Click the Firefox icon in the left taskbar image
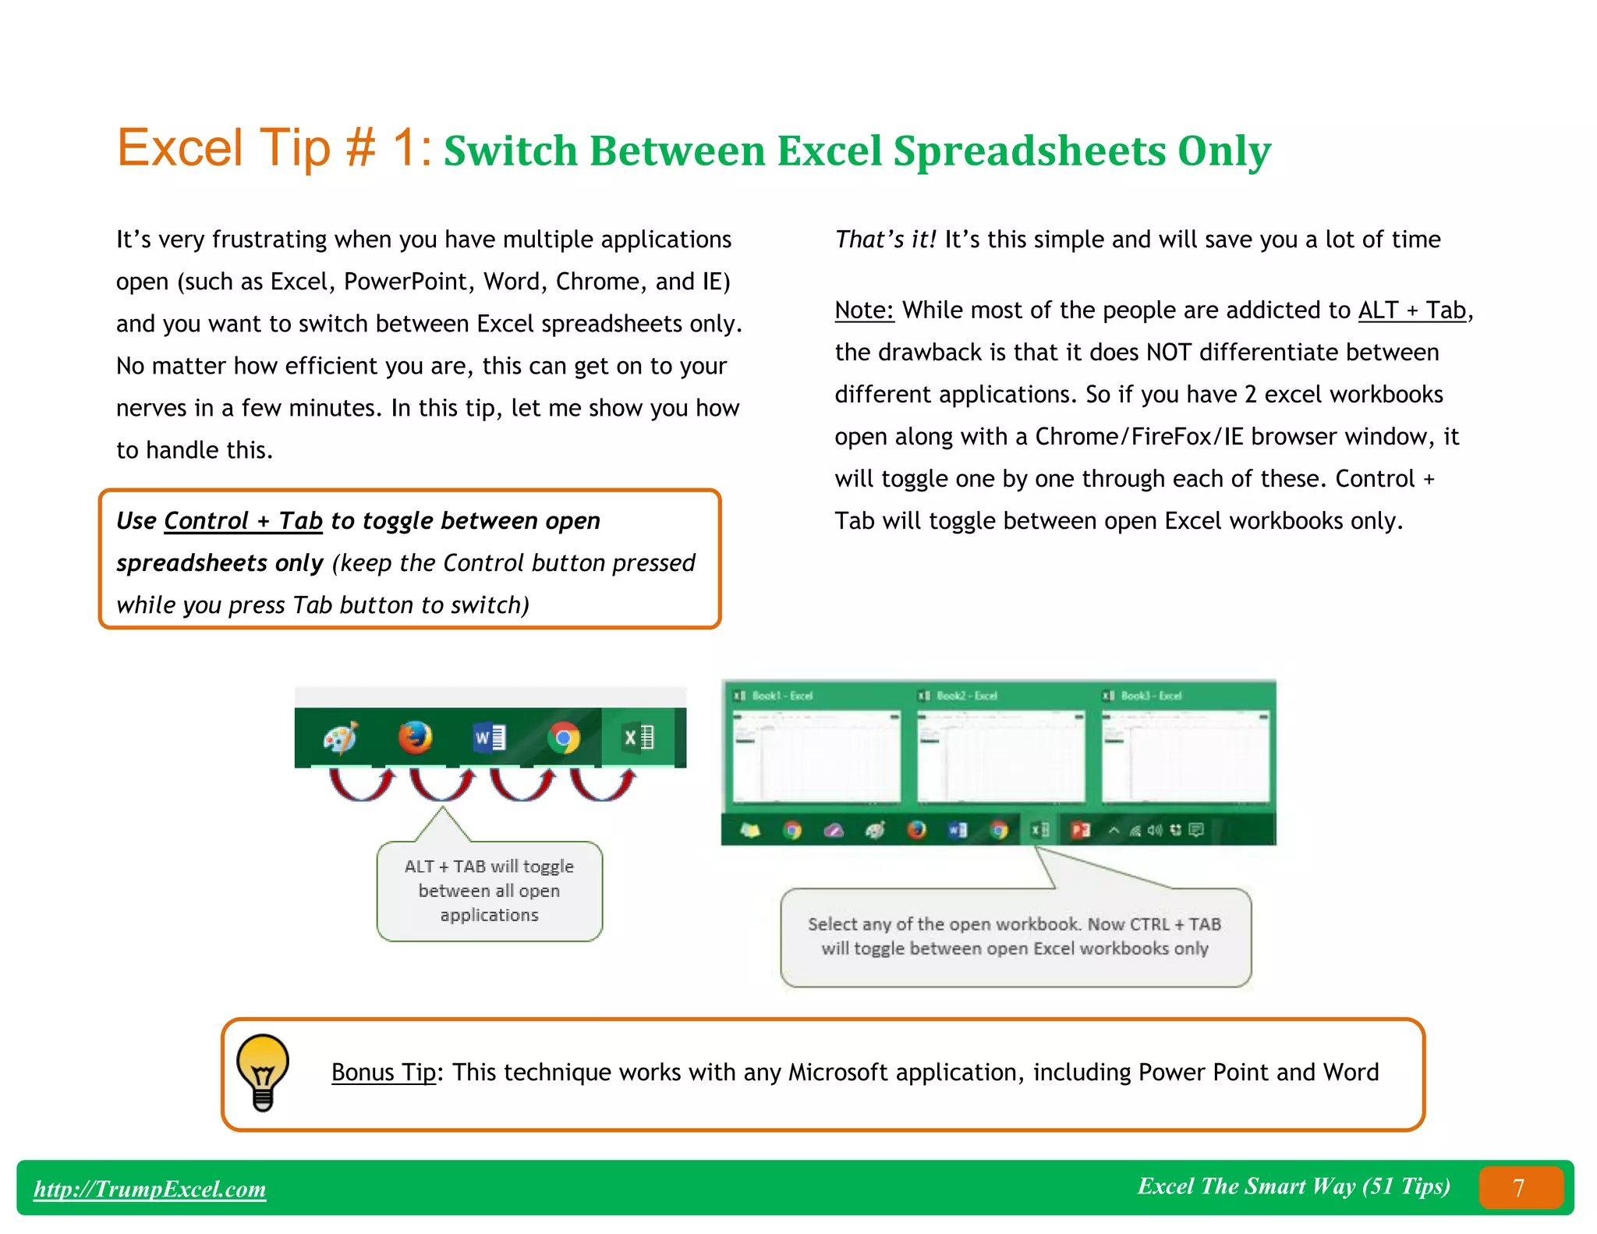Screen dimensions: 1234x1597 [415, 737]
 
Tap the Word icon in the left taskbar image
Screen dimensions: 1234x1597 [490, 737]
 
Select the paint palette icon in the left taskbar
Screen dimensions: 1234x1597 [341, 737]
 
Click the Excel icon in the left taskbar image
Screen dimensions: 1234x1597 [639, 737]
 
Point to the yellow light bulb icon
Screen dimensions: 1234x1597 [263, 1072]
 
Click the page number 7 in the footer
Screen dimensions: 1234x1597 [1518, 1187]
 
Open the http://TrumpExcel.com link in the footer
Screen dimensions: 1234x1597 [150, 1189]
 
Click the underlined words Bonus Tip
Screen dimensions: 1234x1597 [383, 1073]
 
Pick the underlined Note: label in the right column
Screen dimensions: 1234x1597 [863, 310]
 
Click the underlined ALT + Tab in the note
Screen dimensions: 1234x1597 [1411, 310]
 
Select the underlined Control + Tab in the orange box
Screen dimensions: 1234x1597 [243, 521]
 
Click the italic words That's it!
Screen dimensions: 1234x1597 [885, 239]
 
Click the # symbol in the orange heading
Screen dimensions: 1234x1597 [360, 148]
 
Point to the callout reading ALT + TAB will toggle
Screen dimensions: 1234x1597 [489, 891]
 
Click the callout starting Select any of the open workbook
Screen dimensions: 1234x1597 [1015, 936]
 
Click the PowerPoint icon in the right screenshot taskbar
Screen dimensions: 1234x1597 [1081, 830]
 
